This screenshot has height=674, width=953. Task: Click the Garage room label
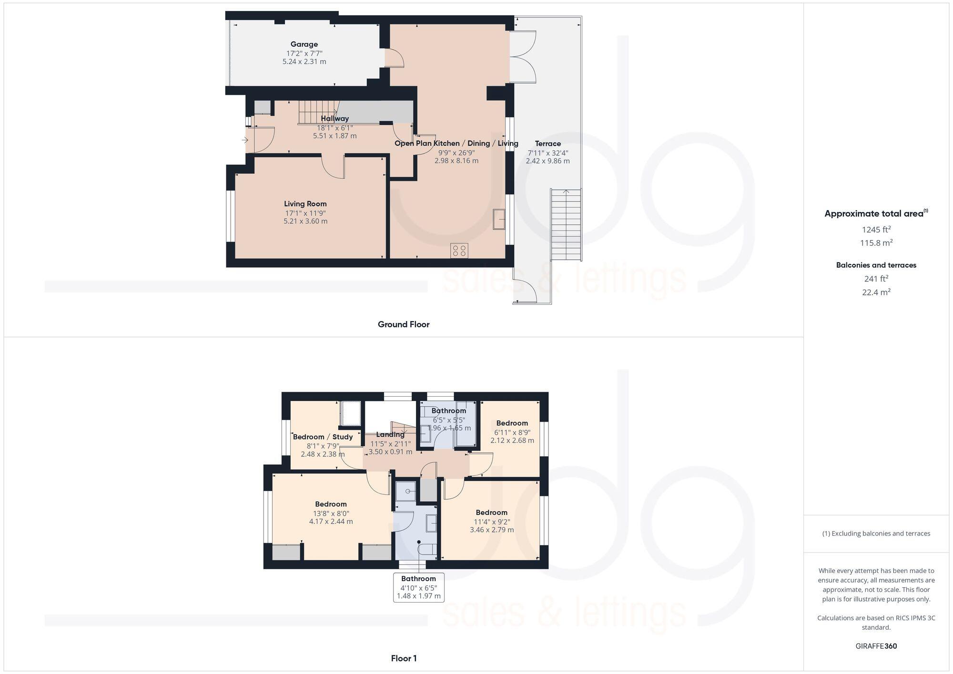pos(304,44)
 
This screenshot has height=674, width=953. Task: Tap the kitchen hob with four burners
pos(459,251)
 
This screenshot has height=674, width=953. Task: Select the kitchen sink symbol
pos(499,219)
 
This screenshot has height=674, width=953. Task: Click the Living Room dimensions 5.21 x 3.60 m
pos(305,221)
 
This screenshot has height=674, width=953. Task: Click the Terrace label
pos(547,143)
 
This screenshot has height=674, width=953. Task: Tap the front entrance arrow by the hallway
pos(245,140)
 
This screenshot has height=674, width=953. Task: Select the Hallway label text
pos(335,119)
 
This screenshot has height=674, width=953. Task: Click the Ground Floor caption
pos(403,324)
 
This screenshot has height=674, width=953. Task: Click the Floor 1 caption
pos(403,658)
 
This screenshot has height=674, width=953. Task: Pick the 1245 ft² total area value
pos(876,229)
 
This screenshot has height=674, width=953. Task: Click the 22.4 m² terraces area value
pos(876,292)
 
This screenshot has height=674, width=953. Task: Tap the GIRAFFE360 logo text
pos(876,646)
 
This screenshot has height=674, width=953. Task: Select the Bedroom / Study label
pos(323,437)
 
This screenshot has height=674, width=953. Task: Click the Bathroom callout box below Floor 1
pos(418,587)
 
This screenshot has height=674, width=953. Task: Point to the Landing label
pos(390,434)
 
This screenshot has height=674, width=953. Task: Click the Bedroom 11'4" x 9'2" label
pos(491,513)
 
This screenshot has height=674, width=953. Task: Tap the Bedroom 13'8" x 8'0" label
pos(331,504)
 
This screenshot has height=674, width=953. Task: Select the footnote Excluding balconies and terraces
pos(876,533)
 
